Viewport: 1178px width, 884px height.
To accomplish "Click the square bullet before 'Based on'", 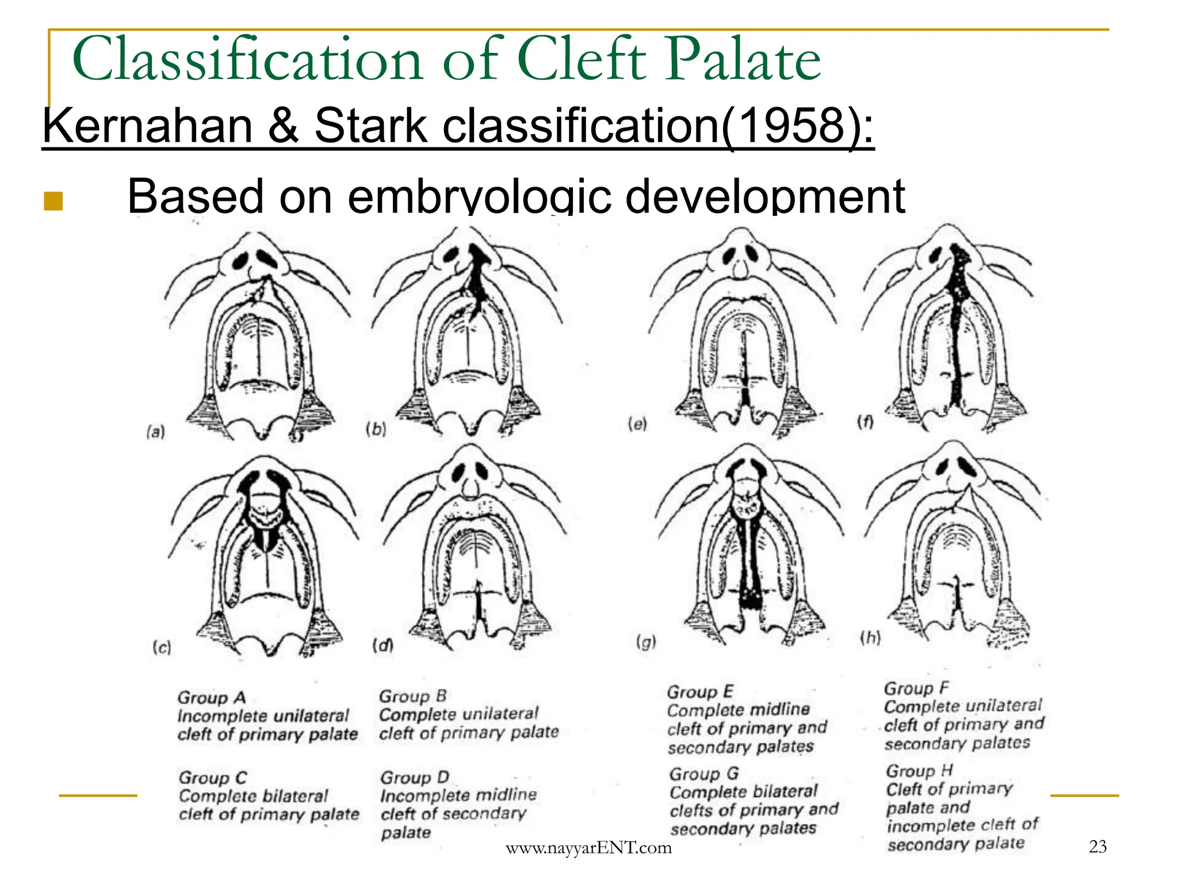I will click(53, 201).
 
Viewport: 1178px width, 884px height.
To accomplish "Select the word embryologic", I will click(479, 197).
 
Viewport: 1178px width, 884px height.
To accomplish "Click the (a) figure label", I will click(156, 432).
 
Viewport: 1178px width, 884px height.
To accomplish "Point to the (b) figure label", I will click(376, 429).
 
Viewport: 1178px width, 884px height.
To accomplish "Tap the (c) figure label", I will click(162, 647).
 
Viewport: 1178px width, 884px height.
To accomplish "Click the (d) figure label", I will click(383, 645).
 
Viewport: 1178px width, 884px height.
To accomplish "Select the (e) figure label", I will click(637, 424).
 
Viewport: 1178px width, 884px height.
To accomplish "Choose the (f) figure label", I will click(865, 422).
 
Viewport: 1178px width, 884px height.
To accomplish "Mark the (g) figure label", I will click(646, 642).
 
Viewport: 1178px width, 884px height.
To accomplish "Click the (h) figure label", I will click(870, 637).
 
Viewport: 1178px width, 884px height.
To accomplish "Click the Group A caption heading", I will click(211, 698).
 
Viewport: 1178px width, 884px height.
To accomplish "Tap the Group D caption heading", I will click(414, 778).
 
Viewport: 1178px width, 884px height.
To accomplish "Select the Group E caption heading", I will click(700, 692).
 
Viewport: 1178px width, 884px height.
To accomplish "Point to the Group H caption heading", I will click(919, 771).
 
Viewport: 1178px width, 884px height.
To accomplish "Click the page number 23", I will click(1097, 846).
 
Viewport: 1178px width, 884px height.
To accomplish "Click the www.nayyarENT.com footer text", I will click(588, 848).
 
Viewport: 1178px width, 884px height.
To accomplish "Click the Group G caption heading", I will click(703, 773).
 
